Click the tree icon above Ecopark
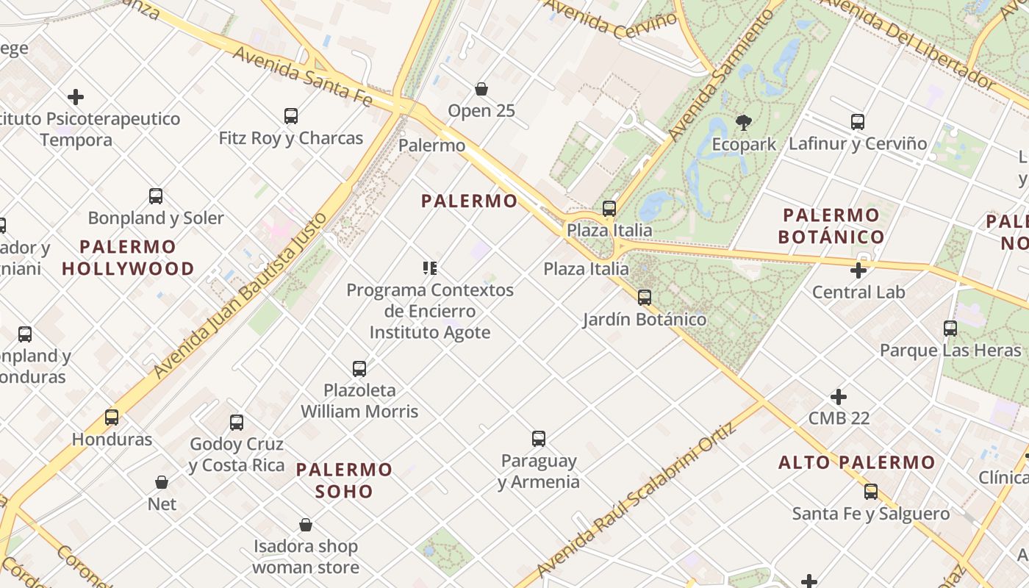(x=743, y=122)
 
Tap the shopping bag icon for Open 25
(x=481, y=89)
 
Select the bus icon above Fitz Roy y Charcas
(x=291, y=115)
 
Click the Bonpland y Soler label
(x=156, y=218)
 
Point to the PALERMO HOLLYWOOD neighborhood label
(x=128, y=257)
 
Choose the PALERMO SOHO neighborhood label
(x=344, y=480)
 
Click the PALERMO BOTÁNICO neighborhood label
(x=831, y=226)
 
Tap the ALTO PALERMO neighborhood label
(x=856, y=462)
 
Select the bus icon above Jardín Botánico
(x=645, y=297)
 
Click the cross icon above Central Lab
(x=858, y=270)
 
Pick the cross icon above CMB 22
(x=839, y=397)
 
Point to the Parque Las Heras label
(x=950, y=351)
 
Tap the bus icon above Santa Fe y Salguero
(x=871, y=491)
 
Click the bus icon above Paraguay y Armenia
(x=539, y=439)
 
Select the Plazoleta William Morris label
(x=359, y=401)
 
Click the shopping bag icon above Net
(x=162, y=482)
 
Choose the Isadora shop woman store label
(x=306, y=556)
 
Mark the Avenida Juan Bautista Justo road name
(x=242, y=295)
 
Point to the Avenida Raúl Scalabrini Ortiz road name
(x=637, y=500)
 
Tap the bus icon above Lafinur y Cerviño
(x=858, y=121)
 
